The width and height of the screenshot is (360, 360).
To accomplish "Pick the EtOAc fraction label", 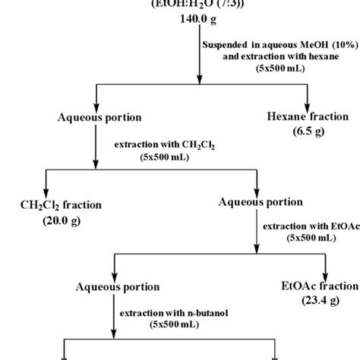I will pyautogui.click(x=318, y=286).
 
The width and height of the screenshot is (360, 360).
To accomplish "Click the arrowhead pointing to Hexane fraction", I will pyautogui.click(x=307, y=103).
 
